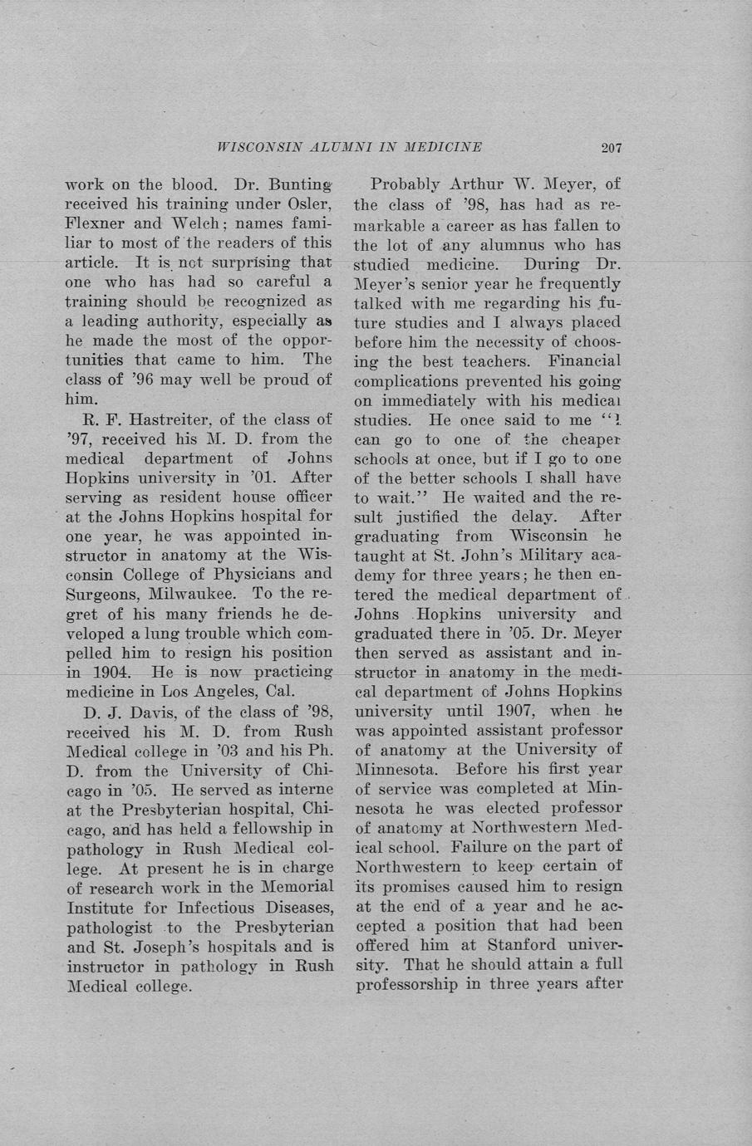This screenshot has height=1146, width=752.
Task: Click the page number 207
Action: coord(612,148)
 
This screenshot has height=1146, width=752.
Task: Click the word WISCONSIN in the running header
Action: coord(250,148)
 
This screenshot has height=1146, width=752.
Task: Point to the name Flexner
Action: coord(96,223)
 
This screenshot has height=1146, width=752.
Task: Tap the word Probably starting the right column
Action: coord(405,184)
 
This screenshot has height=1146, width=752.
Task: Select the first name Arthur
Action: coord(480,184)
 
